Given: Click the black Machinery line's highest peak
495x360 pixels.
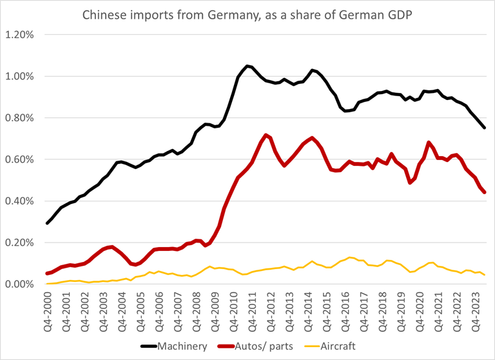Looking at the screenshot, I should coord(247,66).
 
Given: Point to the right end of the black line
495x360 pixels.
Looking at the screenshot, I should coord(485,128).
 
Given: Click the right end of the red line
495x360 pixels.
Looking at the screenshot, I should coord(485,192).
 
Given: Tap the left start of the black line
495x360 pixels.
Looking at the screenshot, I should coord(47,223).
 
